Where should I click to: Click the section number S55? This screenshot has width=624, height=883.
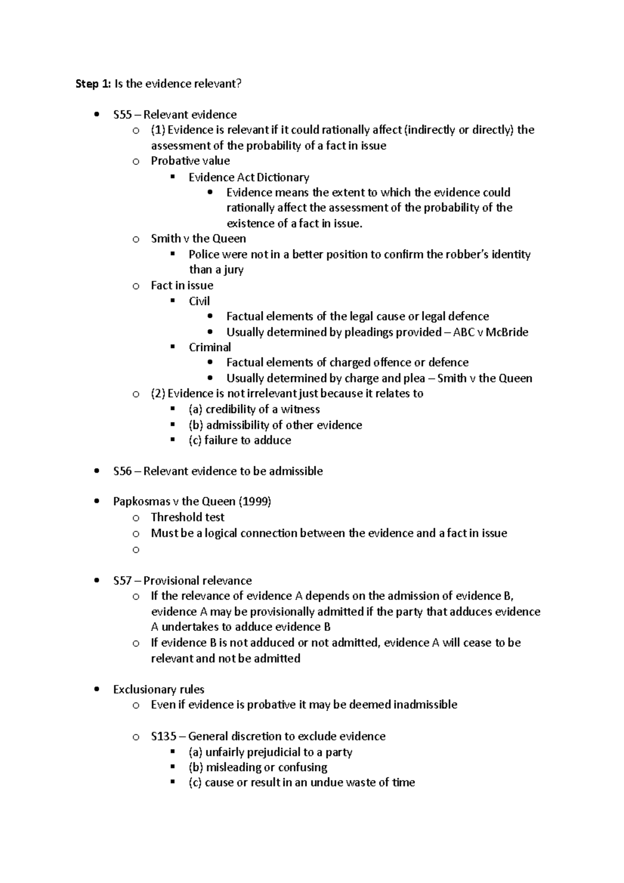tap(122, 114)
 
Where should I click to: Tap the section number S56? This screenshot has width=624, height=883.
tap(122, 471)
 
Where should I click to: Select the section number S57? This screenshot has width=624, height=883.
tap(122, 580)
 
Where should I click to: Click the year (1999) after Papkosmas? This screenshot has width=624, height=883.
tap(255, 502)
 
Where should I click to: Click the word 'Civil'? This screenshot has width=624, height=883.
tap(199, 301)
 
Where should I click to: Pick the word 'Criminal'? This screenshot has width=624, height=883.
tap(210, 347)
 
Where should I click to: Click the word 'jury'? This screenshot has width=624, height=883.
tap(232, 270)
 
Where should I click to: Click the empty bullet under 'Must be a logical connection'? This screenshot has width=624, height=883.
tap(136, 549)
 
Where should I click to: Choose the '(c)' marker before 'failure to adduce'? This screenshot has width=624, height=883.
tap(195, 440)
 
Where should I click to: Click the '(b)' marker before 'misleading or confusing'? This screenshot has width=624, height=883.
tap(196, 768)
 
